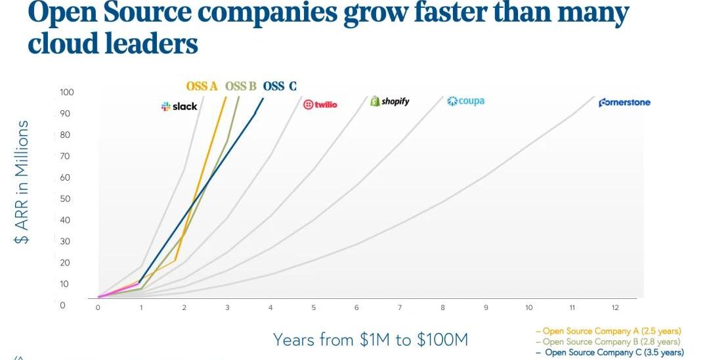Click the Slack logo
(179, 106)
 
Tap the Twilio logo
(320, 104)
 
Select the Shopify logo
(390, 101)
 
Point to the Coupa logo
(465, 101)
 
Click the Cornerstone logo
(624, 102)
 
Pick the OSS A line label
(202, 87)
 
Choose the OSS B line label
(240, 87)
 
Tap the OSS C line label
(280, 87)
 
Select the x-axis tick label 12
(615, 307)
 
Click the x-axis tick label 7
(399, 307)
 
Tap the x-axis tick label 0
(98, 307)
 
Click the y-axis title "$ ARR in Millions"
(22, 182)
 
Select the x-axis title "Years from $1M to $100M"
(370, 340)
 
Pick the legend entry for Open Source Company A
(608, 331)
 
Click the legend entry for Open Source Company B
(608, 342)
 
